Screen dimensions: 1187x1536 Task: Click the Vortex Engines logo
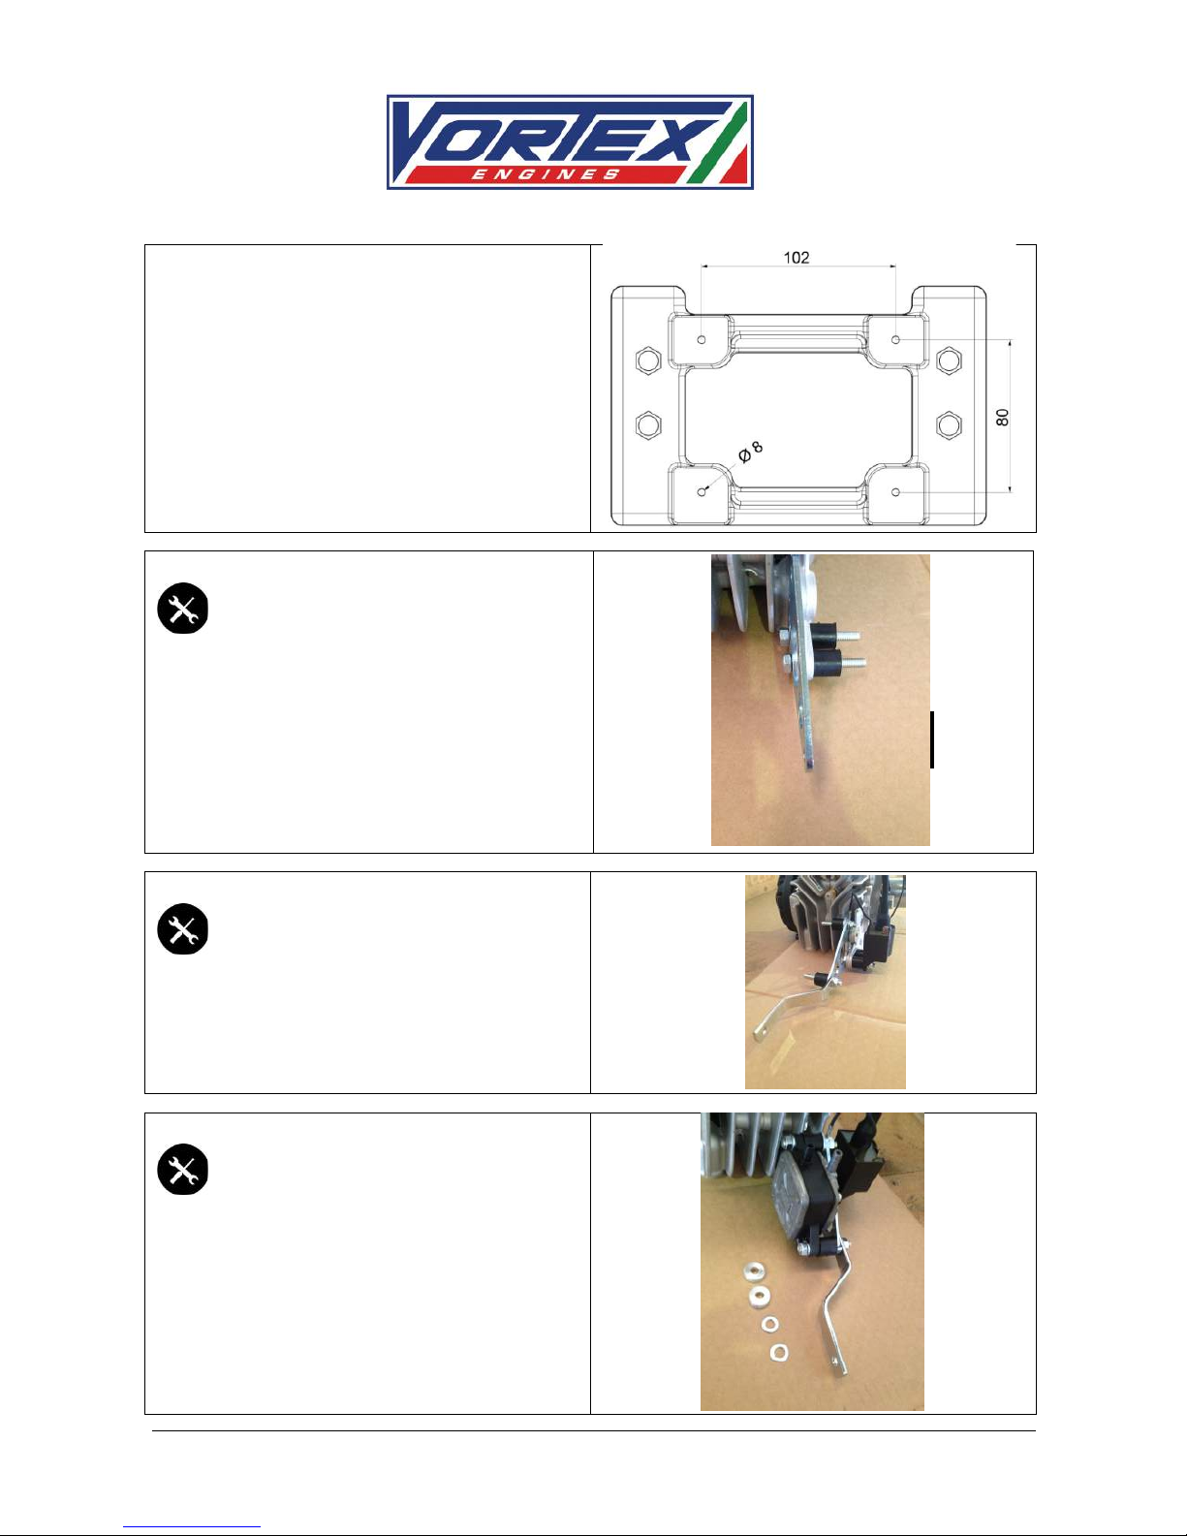coord(570,142)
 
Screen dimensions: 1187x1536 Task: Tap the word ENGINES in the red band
coord(545,173)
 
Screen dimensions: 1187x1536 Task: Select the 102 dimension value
coord(797,258)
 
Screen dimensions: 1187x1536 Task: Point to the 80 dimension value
coord(1003,417)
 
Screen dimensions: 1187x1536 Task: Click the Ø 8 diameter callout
coord(750,452)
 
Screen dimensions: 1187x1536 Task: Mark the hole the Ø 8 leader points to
coord(702,491)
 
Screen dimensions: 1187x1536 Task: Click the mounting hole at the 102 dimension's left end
coord(702,340)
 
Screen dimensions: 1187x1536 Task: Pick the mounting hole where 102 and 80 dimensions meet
coord(896,340)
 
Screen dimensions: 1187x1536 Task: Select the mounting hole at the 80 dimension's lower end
coord(896,492)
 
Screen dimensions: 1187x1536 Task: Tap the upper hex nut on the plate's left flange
coord(648,360)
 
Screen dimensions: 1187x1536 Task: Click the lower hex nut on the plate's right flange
coord(949,424)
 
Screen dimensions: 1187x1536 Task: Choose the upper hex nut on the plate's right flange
coord(949,360)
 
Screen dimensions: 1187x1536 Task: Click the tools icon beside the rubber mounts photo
coord(183,608)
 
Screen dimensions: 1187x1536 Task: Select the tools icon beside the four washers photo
coord(183,1169)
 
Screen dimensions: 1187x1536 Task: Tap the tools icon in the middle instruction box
coord(183,928)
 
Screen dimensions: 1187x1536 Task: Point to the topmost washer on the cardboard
coord(753,1270)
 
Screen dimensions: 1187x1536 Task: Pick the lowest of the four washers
coord(779,1352)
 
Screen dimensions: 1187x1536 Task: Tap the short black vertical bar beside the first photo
coord(932,739)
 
